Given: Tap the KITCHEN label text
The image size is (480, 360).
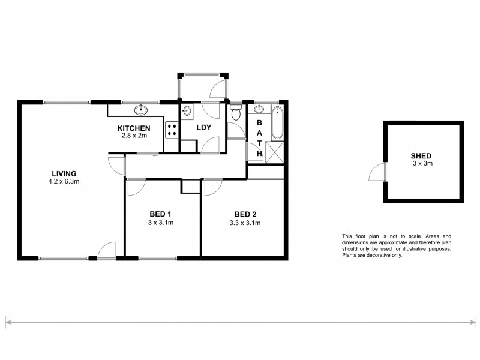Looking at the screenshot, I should (133, 128).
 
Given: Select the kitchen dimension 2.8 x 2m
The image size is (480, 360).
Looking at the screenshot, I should (133, 136).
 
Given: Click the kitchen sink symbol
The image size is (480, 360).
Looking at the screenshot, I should (142, 109).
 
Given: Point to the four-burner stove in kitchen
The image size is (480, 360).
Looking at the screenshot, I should (172, 130).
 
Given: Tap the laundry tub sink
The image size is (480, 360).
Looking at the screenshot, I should (187, 110).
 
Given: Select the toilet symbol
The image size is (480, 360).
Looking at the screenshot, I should (236, 112).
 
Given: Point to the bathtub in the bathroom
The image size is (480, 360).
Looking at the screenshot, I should (277, 124).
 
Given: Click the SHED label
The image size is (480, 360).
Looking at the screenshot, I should (422, 155).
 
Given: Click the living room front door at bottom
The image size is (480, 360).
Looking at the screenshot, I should (108, 251).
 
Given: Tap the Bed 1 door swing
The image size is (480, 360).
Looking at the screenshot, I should (136, 186).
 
